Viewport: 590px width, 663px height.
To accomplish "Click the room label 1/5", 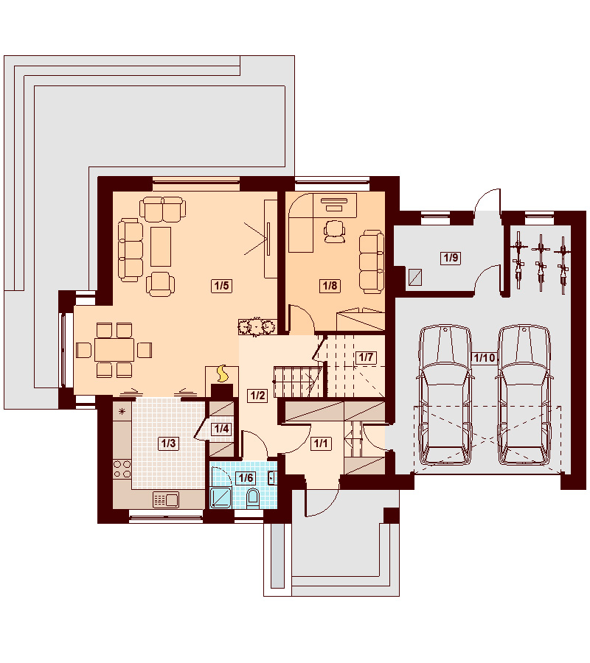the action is point(221,286).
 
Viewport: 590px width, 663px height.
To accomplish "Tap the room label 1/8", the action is point(330,286).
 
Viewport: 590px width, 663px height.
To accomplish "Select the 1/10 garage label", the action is point(485,358).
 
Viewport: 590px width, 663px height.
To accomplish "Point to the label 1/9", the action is point(451,258).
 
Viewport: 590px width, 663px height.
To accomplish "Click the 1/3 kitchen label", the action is point(168,443).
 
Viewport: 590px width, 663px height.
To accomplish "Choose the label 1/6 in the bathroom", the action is point(246,478).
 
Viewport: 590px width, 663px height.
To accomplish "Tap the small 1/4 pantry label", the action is point(221,429).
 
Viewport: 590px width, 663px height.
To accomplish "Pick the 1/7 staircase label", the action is point(365,357).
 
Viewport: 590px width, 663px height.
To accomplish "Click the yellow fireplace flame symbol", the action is point(222,373).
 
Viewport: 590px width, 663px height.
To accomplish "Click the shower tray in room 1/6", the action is point(221,497).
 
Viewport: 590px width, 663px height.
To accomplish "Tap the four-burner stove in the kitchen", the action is point(122,469).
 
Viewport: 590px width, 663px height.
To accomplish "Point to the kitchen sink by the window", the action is point(165,500).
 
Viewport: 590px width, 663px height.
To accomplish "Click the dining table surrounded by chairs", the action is point(114,350).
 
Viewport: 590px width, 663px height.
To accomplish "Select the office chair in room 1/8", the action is point(334,231).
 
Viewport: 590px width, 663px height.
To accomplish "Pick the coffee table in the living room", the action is point(161,247).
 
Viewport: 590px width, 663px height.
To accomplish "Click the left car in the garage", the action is point(445,395).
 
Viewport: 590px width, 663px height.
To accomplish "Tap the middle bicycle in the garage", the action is point(541,262).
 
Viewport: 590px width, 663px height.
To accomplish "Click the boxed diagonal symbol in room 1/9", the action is point(415,278).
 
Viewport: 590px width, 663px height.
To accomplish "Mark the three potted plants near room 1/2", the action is point(256,326).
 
